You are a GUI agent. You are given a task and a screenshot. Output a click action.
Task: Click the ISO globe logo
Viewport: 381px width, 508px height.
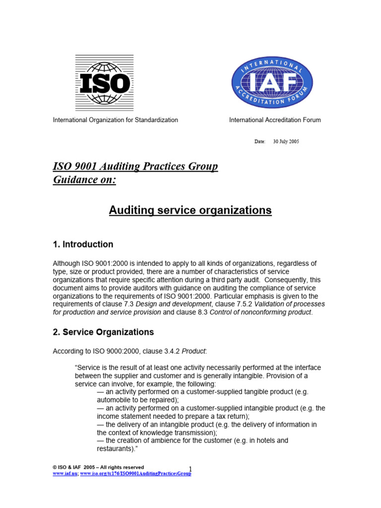click(x=104, y=82)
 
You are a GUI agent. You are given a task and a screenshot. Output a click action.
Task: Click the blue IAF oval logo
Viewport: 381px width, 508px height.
click(x=272, y=82)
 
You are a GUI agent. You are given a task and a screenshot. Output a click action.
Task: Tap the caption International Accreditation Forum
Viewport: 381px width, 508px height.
click(x=274, y=120)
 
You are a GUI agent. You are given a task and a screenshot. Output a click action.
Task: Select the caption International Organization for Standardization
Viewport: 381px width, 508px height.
click(x=116, y=120)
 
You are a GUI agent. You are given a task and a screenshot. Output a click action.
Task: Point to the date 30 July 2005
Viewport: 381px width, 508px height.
click(x=286, y=142)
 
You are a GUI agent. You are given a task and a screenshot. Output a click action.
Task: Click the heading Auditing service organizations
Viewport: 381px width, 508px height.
click(x=190, y=210)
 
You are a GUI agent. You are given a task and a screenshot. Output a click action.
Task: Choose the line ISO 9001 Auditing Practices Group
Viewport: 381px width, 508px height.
click(x=135, y=166)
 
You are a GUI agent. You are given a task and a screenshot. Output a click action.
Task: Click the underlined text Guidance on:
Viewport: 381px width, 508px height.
click(x=84, y=180)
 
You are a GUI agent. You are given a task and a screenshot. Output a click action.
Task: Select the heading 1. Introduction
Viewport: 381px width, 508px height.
click(x=83, y=245)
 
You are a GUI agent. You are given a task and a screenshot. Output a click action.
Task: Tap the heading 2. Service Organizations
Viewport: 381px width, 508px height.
click(x=103, y=332)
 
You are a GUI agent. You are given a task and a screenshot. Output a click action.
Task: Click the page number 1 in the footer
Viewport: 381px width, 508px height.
click(x=190, y=469)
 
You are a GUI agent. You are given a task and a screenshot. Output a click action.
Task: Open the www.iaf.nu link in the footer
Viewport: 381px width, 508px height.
click(x=64, y=474)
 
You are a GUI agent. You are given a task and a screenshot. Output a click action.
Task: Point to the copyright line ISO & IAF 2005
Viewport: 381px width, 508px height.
click(x=98, y=467)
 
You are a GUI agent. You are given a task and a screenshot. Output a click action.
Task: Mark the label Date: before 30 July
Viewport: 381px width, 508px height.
click(x=260, y=142)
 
